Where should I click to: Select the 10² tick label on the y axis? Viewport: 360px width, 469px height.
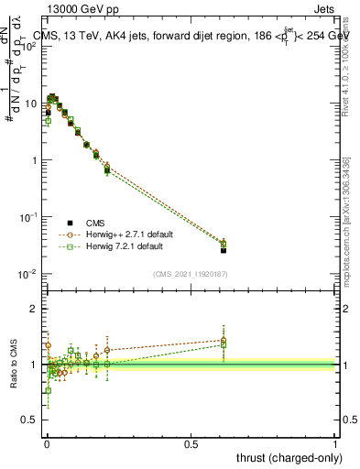pos(29,47)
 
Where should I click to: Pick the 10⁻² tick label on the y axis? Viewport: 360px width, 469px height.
pos(29,274)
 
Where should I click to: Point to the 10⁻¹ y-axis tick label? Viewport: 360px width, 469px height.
pos(29,217)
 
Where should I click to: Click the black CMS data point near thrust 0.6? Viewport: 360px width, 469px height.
pos(224,250)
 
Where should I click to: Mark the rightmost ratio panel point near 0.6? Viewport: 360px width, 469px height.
pos(224,341)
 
